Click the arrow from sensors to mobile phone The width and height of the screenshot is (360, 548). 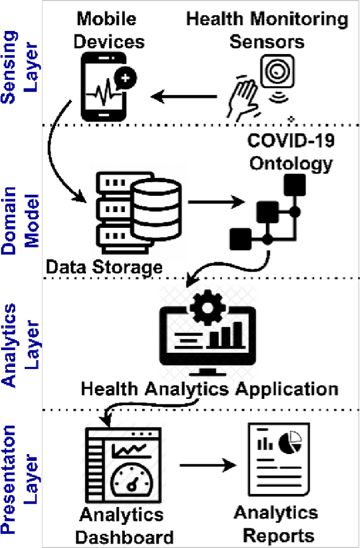tap(186, 97)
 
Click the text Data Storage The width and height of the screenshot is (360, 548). tap(104, 267)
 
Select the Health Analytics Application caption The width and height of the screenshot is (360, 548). tap(210, 389)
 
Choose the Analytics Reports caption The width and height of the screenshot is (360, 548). tap(276, 523)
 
